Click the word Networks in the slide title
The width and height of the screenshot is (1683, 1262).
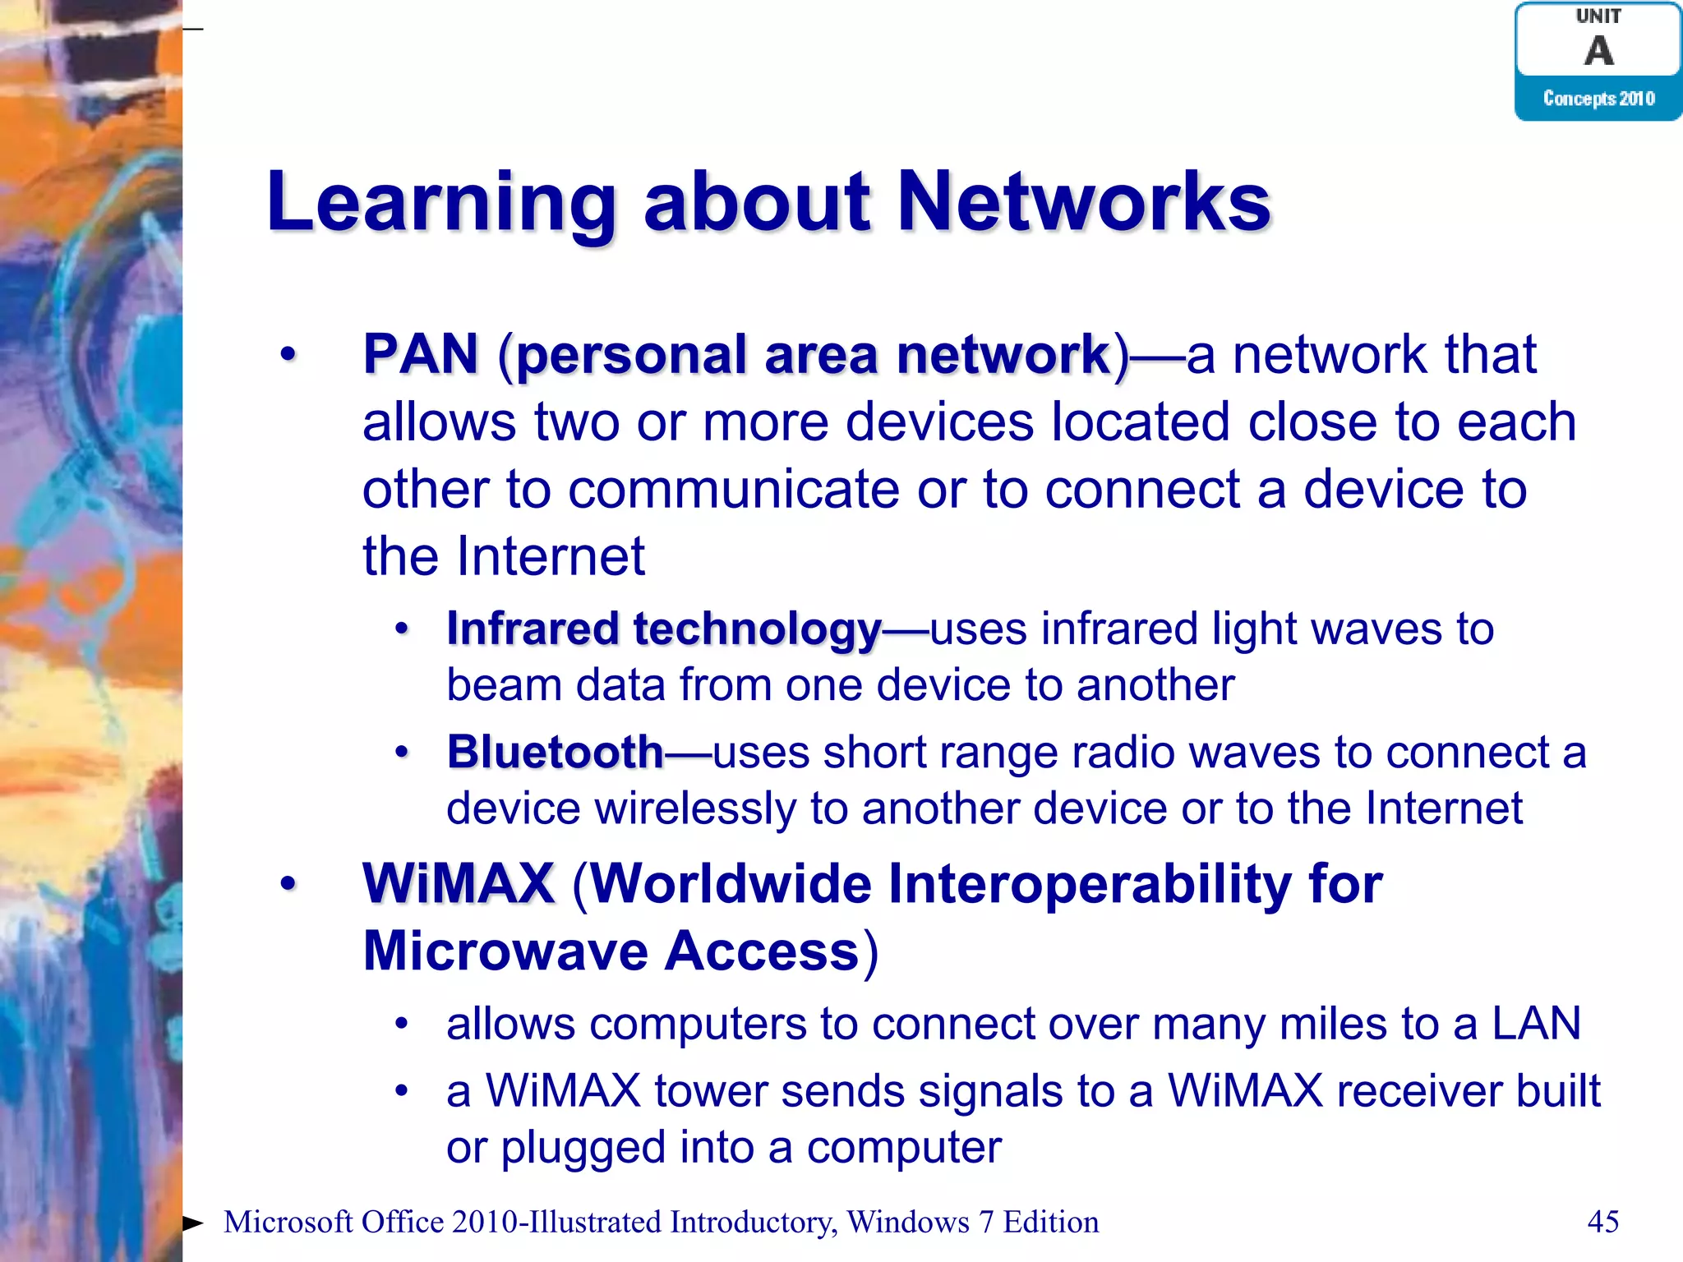coord(1083,202)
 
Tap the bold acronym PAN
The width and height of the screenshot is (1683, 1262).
coord(421,354)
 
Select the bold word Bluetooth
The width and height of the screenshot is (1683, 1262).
coord(555,753)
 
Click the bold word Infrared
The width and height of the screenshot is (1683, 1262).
coord(533,629)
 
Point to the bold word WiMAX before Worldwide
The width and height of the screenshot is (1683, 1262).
coord(459,884)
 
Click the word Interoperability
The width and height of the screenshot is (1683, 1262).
coord(1090,884)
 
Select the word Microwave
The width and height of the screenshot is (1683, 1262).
coord(505,951)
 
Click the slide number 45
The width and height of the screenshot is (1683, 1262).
coord(1602,1222)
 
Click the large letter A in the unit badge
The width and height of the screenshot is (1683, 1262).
coord(1598,51)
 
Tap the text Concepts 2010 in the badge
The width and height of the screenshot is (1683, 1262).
coord(1598,99)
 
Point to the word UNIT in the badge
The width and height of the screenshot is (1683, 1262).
coord(1598,16)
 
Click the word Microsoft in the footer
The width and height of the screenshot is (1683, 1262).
coord(288,1223)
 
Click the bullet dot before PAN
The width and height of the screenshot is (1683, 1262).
coord(288,355)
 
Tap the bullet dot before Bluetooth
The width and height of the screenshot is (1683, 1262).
coord(401,752)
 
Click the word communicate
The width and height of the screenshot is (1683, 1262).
coord(733,490)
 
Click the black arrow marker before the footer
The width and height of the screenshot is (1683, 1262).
coord(192,1223)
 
